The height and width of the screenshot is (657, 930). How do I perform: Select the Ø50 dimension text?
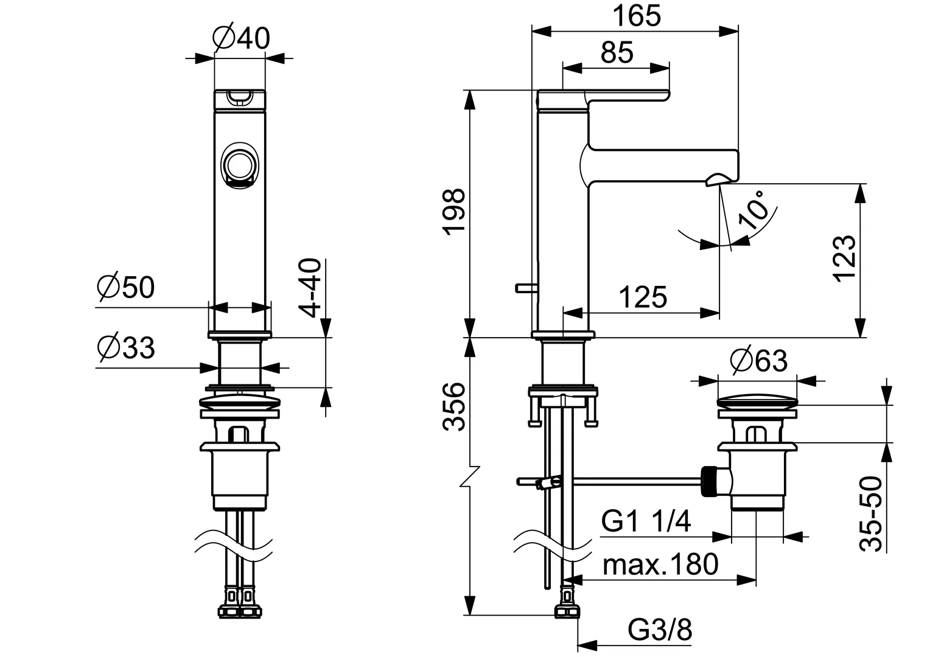click(x=126, y=288)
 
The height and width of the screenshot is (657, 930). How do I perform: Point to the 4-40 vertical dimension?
click(x=310, y=288)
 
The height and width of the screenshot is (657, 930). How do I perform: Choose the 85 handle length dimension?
click(x=617, y=53)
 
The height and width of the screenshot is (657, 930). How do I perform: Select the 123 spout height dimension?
click(x=845, y=258)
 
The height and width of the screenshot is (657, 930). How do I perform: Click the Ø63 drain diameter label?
click(x=759, y=362)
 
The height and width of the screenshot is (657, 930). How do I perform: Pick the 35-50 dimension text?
click(x=872, y=514)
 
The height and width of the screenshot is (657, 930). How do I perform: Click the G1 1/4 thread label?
click(x=646, y=522)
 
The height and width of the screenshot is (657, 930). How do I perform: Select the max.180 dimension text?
click(x=660, y=565)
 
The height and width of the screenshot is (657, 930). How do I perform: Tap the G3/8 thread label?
click(x=660, y=631)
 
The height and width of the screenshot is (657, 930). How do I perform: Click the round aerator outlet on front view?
click(x=239, y=165)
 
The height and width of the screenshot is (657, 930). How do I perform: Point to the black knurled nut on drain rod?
click(x=709, y=482)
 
